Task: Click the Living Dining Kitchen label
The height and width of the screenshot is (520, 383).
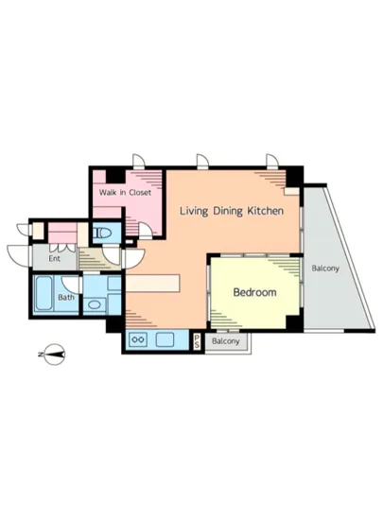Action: tap(232, 211)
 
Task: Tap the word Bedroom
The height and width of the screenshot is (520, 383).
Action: tap(254, 292)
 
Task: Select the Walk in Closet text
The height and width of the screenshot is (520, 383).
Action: tap(125, 192)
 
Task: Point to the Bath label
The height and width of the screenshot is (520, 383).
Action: tap(66, 297)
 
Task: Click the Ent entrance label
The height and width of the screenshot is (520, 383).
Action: tap(55, 258)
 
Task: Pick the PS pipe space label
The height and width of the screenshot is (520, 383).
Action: tap(197, 341)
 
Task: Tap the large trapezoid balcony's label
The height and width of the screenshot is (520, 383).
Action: tap(325, 269)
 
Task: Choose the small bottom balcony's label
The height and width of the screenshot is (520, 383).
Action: tap(225, 341)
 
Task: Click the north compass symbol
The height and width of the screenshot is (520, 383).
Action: tap(53, 355)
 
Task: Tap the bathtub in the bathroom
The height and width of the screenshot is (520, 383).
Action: tap(44, 293)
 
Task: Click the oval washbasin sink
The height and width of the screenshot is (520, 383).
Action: tap(95, 304)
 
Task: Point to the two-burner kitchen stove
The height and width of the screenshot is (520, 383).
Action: tap(138, 339)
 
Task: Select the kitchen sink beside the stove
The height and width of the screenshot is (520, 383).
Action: tap(165, 339)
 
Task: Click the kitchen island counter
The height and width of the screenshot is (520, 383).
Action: tap(153, 284)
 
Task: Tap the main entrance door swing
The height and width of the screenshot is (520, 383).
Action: tap(18, 255)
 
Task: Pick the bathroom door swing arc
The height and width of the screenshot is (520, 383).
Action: tap(70, 286)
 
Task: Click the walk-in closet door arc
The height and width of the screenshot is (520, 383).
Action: tap(146, 231)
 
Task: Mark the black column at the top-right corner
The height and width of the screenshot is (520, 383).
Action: tap(294, 178)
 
